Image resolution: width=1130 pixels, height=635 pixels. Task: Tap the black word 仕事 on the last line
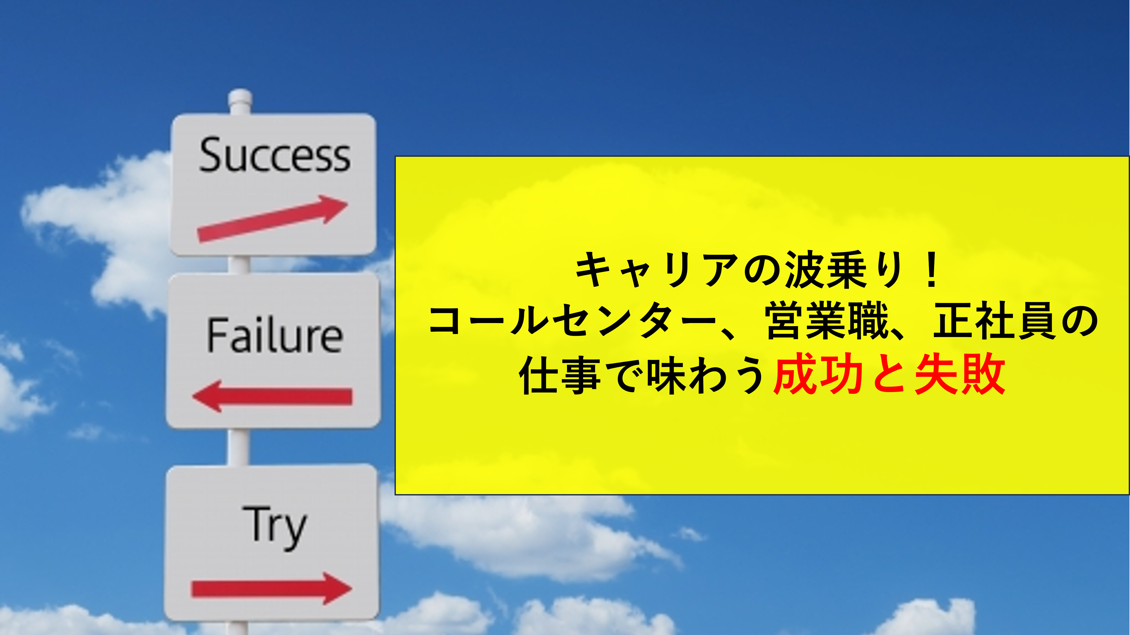pyautogui.click(x=560, y=375)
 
